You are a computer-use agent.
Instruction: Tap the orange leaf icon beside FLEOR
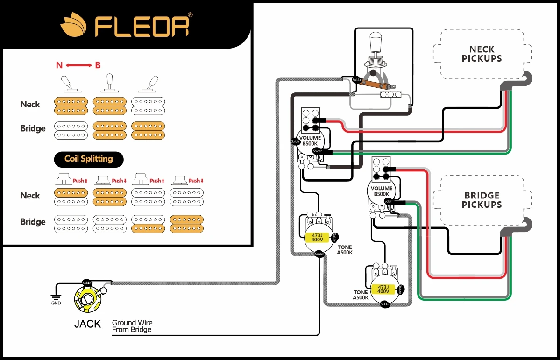(x=73, y=26)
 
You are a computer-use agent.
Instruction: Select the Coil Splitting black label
(x=89, y=159)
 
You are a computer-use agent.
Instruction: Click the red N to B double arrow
(x=78, y=65)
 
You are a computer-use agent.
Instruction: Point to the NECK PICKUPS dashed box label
(x=482, y=54)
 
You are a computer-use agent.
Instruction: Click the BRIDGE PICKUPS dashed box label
(x=482, y=200)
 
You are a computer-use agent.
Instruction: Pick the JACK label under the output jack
(x=87, y=324)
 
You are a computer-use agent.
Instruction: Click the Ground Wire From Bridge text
(x=132, y=326)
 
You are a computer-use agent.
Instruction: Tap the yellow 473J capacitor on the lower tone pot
(x=383, y=289)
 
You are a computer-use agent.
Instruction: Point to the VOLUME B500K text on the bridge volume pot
(x=382, y=191)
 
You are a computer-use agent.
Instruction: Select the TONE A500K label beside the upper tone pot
(x=345, y=250)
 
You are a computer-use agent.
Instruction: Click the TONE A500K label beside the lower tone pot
(x=361, y=295)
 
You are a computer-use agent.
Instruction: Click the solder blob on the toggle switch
(x=356, y=80)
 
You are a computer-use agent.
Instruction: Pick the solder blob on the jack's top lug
(x=87, y=283)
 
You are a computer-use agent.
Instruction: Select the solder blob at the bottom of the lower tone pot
(x=385, y=304)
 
